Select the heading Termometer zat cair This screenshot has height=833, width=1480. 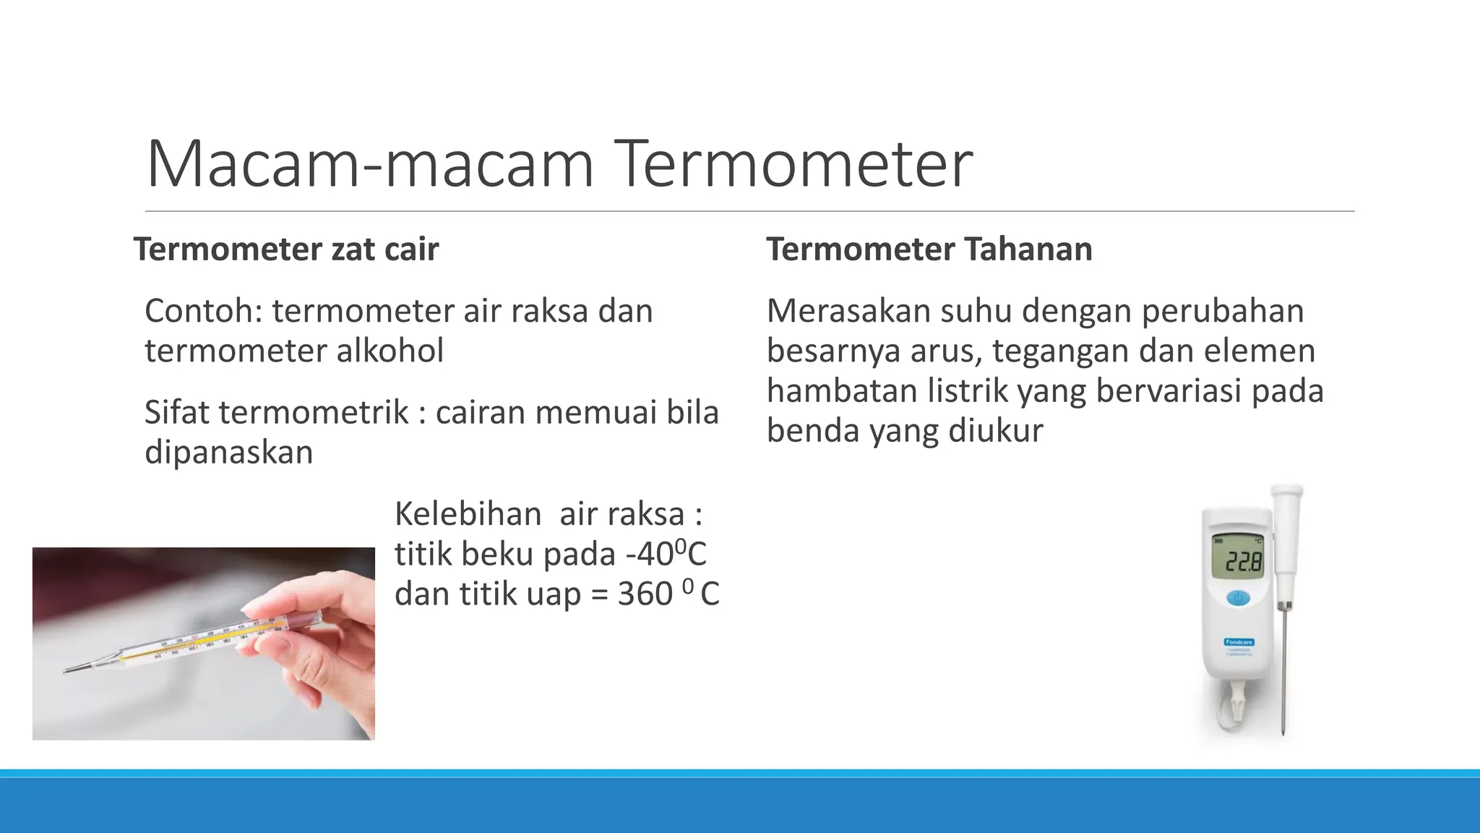(x=286, y=249)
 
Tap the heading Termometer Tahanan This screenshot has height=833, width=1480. (x=929, y=249)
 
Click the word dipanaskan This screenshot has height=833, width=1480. (x=228, y=453)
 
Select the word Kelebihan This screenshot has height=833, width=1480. (x=468, y=515)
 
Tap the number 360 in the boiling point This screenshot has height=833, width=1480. (x=645, y=594)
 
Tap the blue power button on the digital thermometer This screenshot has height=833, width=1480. (x=1238, y=599)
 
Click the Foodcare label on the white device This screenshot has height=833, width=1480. (x=1239, y=642)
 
